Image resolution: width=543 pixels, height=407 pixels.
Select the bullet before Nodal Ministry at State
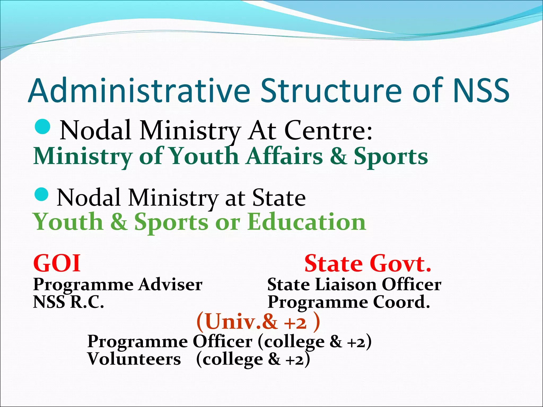point(42,194)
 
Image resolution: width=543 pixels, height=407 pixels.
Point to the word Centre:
point(328,130)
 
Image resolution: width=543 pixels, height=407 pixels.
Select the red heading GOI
point(57,263)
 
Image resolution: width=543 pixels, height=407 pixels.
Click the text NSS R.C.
point(68,302)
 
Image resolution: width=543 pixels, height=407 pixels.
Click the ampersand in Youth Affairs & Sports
point(338,156)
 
